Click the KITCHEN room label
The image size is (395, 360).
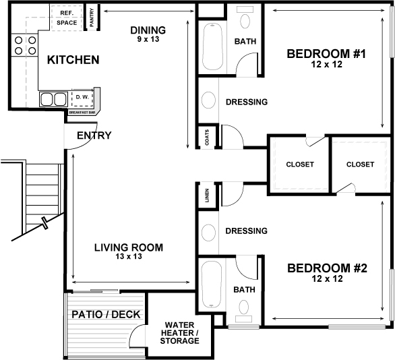pos(73,60)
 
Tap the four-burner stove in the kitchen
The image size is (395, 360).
pos(24,45)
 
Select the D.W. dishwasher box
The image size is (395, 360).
pos(82,98)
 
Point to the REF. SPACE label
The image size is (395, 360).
pos(67,18)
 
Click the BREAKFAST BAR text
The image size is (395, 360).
pos(82,113)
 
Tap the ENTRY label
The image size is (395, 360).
pos(94,136)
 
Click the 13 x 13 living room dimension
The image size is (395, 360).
pos(127,257)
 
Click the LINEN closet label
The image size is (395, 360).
pos(206,195)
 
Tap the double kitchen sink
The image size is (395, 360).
pos(55,100)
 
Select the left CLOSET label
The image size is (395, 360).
pos(299,164)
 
